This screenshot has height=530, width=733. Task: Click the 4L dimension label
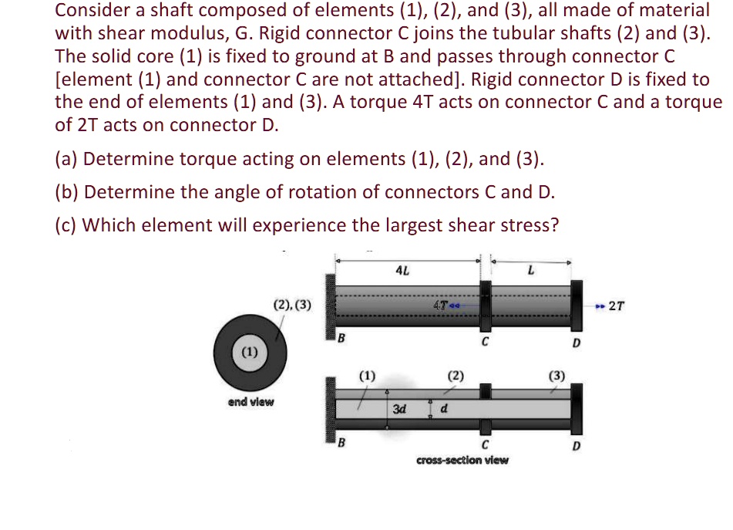(402, 271)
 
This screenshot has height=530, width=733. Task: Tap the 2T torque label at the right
(617, 306)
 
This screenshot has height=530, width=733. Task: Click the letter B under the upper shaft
(344, 339)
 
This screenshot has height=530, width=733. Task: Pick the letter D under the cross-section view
(576, 446)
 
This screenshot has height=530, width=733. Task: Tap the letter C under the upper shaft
(485, 343)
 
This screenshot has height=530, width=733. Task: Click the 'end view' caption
(250, 401)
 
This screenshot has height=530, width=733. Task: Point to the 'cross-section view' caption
(462, 460)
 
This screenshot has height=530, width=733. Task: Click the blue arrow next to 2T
(600, 306)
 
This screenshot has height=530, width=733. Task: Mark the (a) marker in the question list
(66, 159)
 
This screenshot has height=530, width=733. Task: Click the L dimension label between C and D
(530, 271)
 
